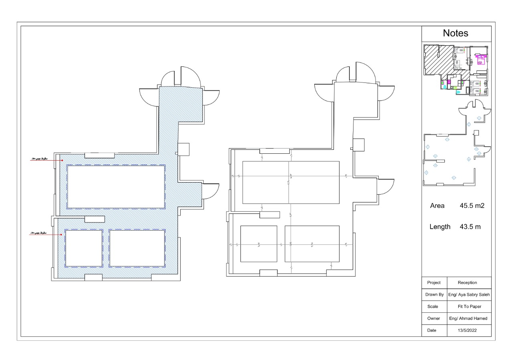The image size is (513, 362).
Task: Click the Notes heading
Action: (456, 33)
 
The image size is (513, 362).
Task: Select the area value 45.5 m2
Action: (473, 206)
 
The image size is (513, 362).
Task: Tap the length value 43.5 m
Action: (470, 227)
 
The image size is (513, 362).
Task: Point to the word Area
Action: (437, 206)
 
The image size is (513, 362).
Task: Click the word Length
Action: (440, 227)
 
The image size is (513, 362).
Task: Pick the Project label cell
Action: (434, 282)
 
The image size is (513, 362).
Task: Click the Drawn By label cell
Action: (434, 294)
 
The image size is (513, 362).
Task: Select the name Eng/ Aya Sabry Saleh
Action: (469, 294)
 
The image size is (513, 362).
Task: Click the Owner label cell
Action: (434, 318)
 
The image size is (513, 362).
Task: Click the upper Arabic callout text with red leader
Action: (39, 159)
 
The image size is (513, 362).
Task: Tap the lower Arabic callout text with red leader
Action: (39, 233)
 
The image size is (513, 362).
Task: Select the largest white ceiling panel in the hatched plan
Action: (116, 187)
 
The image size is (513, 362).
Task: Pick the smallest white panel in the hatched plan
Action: (83, 248)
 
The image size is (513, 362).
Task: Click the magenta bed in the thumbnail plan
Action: (480, 60)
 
